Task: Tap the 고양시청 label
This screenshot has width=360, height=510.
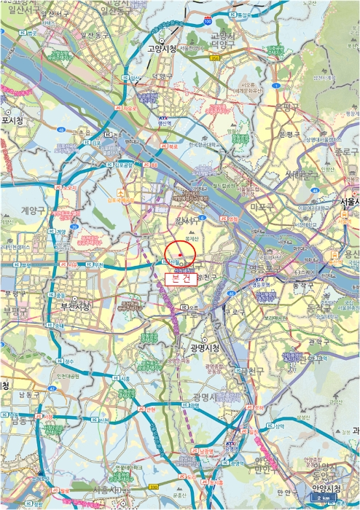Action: [x=162, y=50]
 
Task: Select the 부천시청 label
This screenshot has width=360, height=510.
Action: [x=75, y=307]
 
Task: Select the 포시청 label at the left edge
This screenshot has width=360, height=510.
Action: [x=12, y=120]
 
